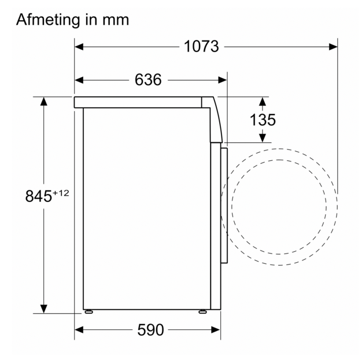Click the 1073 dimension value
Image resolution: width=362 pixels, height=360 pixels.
coord(201,46)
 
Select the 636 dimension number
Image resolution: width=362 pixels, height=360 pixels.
coord(148,80)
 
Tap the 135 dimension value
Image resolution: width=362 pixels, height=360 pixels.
coord(263,120)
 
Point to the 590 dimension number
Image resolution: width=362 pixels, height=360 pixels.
coord(150,330)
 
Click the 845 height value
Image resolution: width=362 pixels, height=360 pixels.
coord(39,196)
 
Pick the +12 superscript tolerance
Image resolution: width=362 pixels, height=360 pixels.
coord(61,193)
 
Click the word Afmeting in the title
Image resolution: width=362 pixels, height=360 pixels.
coord(48,20)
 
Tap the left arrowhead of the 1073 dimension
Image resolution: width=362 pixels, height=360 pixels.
coord(79,47)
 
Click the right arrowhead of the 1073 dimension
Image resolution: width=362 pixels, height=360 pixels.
coord(333,47)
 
